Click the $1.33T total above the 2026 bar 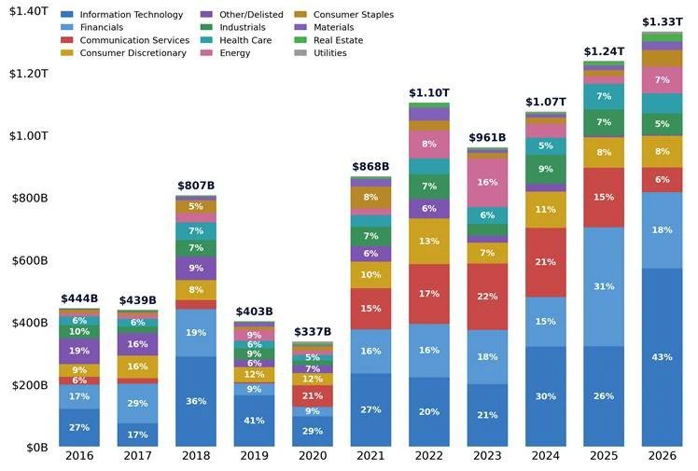[662, 21]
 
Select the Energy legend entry [226, 53]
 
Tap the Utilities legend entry [320, 53]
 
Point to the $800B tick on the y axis [30, 198]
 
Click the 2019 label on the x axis [254, 456]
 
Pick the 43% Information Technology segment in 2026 [662, 357]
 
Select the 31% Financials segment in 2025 [604, 286]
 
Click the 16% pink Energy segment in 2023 [487, 183]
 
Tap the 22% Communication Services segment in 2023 [487, 297]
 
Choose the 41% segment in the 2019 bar [254, 421]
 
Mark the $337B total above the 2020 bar [313, 332]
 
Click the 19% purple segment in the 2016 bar [79, 351]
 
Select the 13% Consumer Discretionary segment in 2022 [429, 241]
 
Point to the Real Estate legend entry [328, 40]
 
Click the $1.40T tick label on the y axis [29, 11]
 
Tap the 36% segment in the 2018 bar [196, 401]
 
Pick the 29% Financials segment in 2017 [137, 404]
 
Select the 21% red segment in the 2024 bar [546, 262]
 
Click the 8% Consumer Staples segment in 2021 [370, 197]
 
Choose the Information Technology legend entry [122, 15]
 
